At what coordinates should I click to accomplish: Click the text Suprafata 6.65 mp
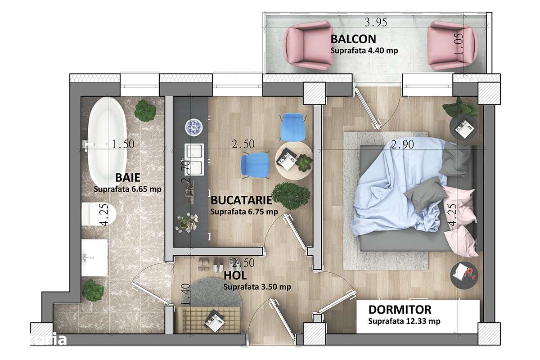[127, 189]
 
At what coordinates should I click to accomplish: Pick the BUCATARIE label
[241, 200]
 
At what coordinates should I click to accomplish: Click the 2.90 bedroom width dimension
[402, 144]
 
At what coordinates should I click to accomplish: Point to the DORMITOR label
[400, 310]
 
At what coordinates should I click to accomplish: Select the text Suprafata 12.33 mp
[404, 321]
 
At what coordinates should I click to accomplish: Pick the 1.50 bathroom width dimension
[123, 144]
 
